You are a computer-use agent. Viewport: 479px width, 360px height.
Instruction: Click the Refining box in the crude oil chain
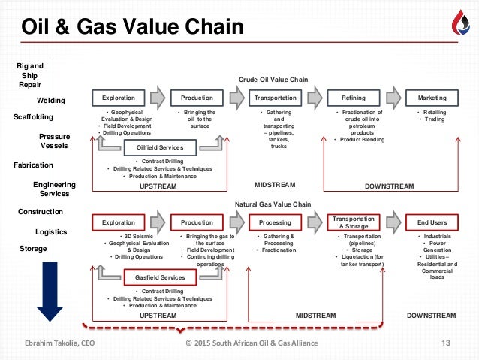[x=354, y=98]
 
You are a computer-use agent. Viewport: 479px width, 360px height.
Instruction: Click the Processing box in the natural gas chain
[x=275, y=222]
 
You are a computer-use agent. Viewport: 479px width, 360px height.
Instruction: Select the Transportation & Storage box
[x=354, y=222]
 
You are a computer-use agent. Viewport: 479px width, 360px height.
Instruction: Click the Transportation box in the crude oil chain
[x=275, y=98]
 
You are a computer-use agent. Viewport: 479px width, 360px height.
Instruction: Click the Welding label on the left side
[x=51, y=100]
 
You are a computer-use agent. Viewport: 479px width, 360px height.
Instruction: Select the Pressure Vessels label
[x=52, y=142]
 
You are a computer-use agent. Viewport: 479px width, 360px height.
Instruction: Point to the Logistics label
[x=51, y=232]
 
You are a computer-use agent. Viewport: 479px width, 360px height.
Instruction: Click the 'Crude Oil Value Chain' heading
[x=273, y=79]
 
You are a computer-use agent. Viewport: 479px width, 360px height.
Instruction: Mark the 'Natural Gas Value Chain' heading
[x=273, y=204]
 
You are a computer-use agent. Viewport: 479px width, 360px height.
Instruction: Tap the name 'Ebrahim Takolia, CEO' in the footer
[x=64, y=344]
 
